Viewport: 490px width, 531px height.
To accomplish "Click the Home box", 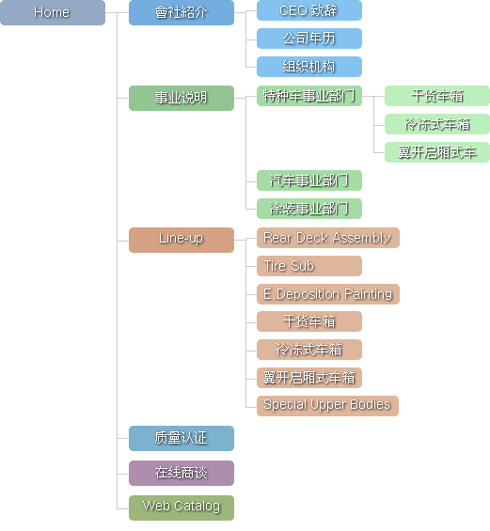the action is (53, 12).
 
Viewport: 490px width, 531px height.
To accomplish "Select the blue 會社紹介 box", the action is (182, 12).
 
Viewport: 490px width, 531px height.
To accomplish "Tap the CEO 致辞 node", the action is (309, 10).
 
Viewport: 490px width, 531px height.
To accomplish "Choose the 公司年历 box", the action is (309, 39).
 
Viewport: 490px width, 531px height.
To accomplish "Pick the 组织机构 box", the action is (309, 67).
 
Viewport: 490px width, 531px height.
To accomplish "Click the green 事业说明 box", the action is (182, 98).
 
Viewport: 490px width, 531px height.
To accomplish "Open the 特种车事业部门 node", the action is (309, 96).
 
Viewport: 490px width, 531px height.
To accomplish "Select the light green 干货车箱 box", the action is (437, 96).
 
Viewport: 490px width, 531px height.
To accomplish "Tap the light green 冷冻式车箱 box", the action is (437, 124).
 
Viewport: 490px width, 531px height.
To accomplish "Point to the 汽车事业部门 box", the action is (309, 180).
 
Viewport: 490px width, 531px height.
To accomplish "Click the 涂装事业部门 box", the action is (309, 209).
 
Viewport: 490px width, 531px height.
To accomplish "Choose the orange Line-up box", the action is (182, 240).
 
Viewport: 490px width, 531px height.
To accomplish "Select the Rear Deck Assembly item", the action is (327, 238).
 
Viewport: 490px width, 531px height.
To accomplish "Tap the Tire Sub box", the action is (309, 266).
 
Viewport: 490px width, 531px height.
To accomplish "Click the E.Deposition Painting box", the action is (327, 294).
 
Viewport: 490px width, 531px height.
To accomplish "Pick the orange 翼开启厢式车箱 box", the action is (309, 377).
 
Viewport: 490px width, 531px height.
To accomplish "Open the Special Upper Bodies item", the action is (327, 405).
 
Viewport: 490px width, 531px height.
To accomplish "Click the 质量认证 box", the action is (182, 439).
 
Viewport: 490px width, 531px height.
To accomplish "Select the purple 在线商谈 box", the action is (182, 473).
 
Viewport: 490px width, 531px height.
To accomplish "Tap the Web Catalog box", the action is (182, 508).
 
